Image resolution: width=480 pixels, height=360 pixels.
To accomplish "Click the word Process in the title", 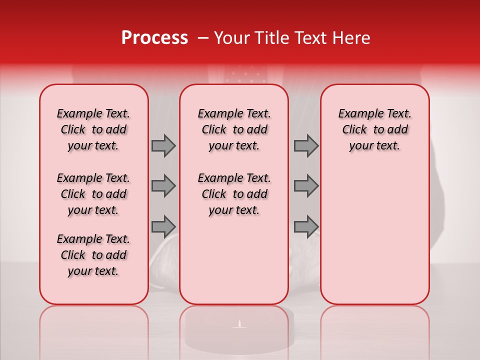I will coord(154,38).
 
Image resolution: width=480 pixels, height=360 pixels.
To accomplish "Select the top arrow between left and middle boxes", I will coord(163,145).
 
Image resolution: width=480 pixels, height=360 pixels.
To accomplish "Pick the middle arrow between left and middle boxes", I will coord(163,186).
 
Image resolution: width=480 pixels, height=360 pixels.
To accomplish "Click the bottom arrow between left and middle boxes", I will coord(163,226).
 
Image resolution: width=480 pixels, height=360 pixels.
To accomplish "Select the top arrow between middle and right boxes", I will coord(306,145).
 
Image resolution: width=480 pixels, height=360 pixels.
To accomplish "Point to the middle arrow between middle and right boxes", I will coord(306,186).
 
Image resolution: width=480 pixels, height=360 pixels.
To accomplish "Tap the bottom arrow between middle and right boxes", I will coord(306,226).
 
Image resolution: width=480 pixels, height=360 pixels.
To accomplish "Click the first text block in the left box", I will coord(93,129).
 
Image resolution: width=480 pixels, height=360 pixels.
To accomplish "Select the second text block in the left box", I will coord(93,194).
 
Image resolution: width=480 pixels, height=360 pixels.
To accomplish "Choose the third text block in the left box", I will coord(93,255).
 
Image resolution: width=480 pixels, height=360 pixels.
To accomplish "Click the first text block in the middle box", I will coord(234,129).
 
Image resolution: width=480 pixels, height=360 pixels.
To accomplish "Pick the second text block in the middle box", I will coord(234,194).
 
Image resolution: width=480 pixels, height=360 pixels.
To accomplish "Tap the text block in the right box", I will coord(375,129).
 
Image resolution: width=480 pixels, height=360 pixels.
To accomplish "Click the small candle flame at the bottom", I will coord(239,324).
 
